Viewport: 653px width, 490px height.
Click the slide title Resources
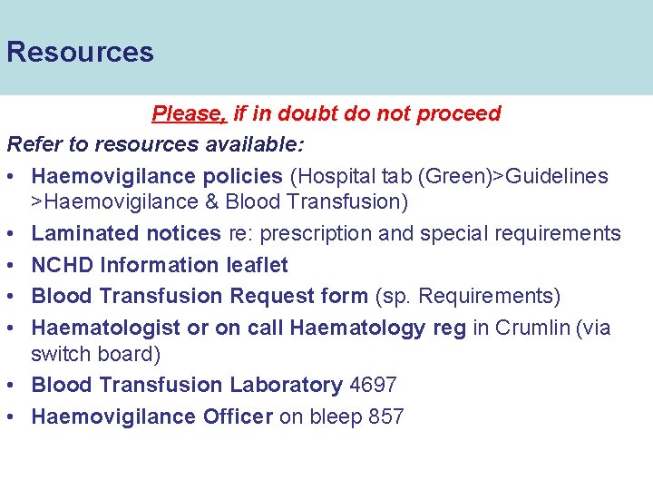click(x=80, y=52)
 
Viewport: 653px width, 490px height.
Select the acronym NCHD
click(x=63, y=265)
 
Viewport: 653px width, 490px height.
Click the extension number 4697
click(x=373, y=385)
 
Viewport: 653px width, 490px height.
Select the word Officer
click(x=238, y=416)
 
